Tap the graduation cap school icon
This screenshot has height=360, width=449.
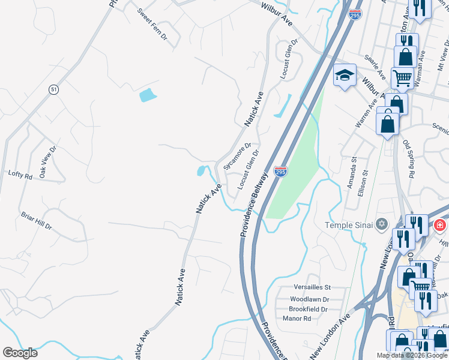point(345,76)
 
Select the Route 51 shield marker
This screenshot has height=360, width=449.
point(54,89)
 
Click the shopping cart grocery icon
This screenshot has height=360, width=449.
point(402,77)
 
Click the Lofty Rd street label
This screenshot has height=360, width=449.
point(20,175)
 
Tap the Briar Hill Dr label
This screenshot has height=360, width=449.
point(36,220)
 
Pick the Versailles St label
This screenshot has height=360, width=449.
point(312,287)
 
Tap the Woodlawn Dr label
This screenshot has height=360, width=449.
point(309,299)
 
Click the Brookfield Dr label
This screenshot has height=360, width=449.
point(308,309)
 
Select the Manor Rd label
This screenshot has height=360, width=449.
point(297,319)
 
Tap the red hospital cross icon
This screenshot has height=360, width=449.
point(440,226)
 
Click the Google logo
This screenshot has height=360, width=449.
point(20,353)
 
